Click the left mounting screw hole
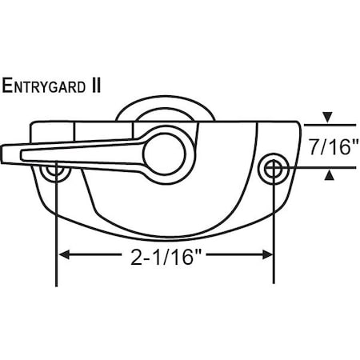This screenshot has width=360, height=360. pyautogui.click(x=56, y=170)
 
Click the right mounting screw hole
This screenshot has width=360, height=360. pyautogui.click(x=274, y=167)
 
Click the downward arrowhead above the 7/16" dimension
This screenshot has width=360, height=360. pyautogui.click(x=328, y=119)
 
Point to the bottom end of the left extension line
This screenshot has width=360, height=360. pyautogui.click(x=56, y=284)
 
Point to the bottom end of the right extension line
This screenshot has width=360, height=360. pyautogui.click(x=274, y=282)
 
